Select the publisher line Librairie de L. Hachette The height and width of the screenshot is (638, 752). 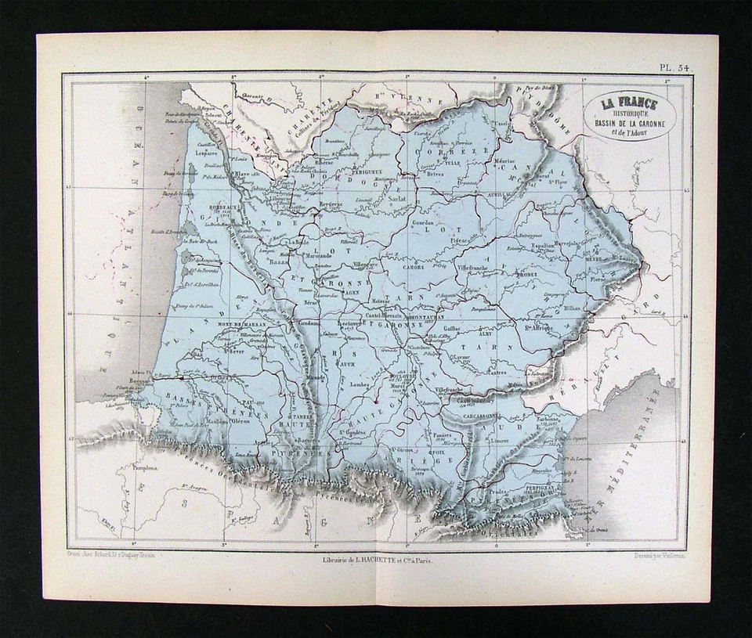[377, 559]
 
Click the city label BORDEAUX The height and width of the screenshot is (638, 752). [203, 207]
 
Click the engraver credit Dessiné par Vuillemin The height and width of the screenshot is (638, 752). [652, 557]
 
